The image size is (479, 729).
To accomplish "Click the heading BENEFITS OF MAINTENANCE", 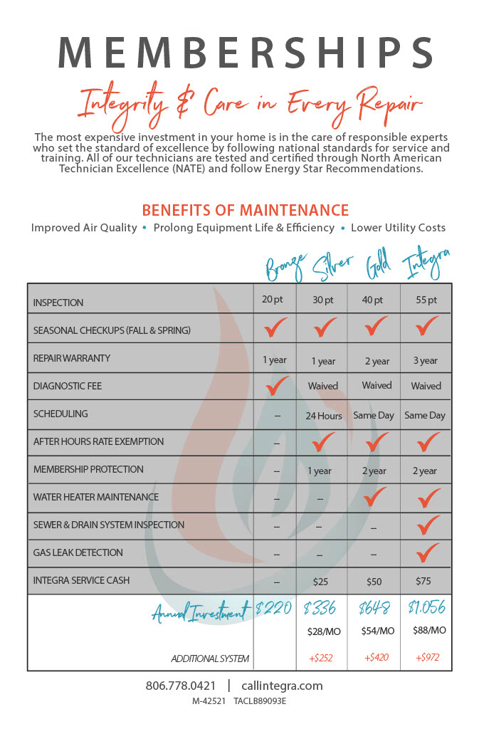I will tap(245, 210).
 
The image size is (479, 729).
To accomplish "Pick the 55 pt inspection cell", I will tap(425, 300).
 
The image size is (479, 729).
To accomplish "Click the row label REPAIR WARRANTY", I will tap(72, 358).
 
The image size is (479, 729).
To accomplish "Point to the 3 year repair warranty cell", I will tap(425, 360).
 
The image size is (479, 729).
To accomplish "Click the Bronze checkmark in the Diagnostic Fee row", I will tap(275, 385).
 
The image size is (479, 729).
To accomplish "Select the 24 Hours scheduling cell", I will tap(324, 415).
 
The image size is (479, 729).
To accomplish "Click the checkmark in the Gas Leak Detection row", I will tap(427, 552).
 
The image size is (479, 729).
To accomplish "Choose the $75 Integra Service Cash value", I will tap(425, 581).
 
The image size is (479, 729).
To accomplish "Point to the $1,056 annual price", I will tap(426, 607).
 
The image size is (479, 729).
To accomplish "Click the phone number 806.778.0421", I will tap(180, 686).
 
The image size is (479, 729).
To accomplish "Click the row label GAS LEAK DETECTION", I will tap(78, 552).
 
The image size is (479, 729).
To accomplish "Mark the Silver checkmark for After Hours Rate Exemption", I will tap(324, 441).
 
